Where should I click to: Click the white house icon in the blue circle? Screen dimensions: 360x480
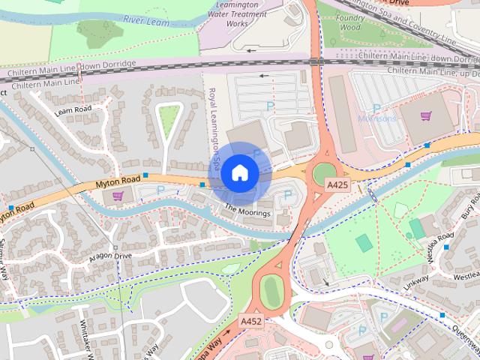[x=239, y=172]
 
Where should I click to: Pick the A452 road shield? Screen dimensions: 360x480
[x=250, y=321]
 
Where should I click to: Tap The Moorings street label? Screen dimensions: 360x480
[x=247, y=213]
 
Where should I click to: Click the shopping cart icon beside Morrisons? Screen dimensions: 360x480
[x=426, y=116]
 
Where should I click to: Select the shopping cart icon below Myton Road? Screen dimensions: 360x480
[x=118, y=196]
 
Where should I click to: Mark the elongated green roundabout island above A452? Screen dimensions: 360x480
[x=271, y=291]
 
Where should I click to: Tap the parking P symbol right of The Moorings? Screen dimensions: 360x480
[x=288, y=195]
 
